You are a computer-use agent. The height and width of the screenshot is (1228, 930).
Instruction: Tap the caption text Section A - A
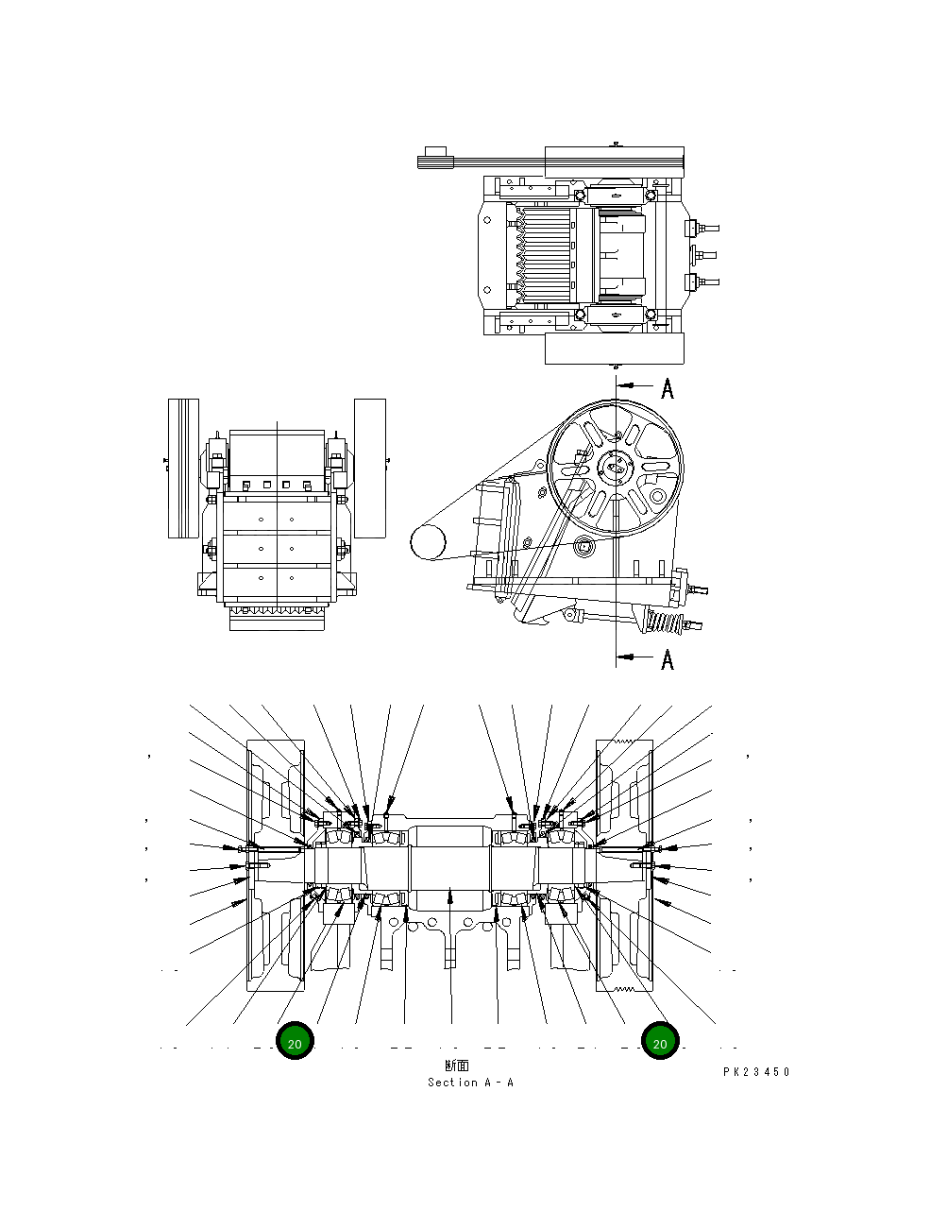click(470, 1083)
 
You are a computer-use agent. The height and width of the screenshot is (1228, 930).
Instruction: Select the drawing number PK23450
click(756, 1072)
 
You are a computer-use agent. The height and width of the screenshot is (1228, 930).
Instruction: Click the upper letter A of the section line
click(668, 388)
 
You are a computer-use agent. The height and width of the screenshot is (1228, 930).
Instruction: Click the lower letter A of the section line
click(668, 658)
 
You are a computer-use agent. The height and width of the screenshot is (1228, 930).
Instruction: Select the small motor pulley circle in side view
click(427, 542)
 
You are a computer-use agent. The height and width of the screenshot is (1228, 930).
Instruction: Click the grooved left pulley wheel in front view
click(183, 469)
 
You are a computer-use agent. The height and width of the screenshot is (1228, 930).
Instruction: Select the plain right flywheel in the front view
click(370, 469)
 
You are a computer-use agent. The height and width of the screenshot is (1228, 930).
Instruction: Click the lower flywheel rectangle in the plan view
click(614, 348)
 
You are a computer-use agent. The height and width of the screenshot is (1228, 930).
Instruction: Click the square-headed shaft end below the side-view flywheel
click(583, 546)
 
